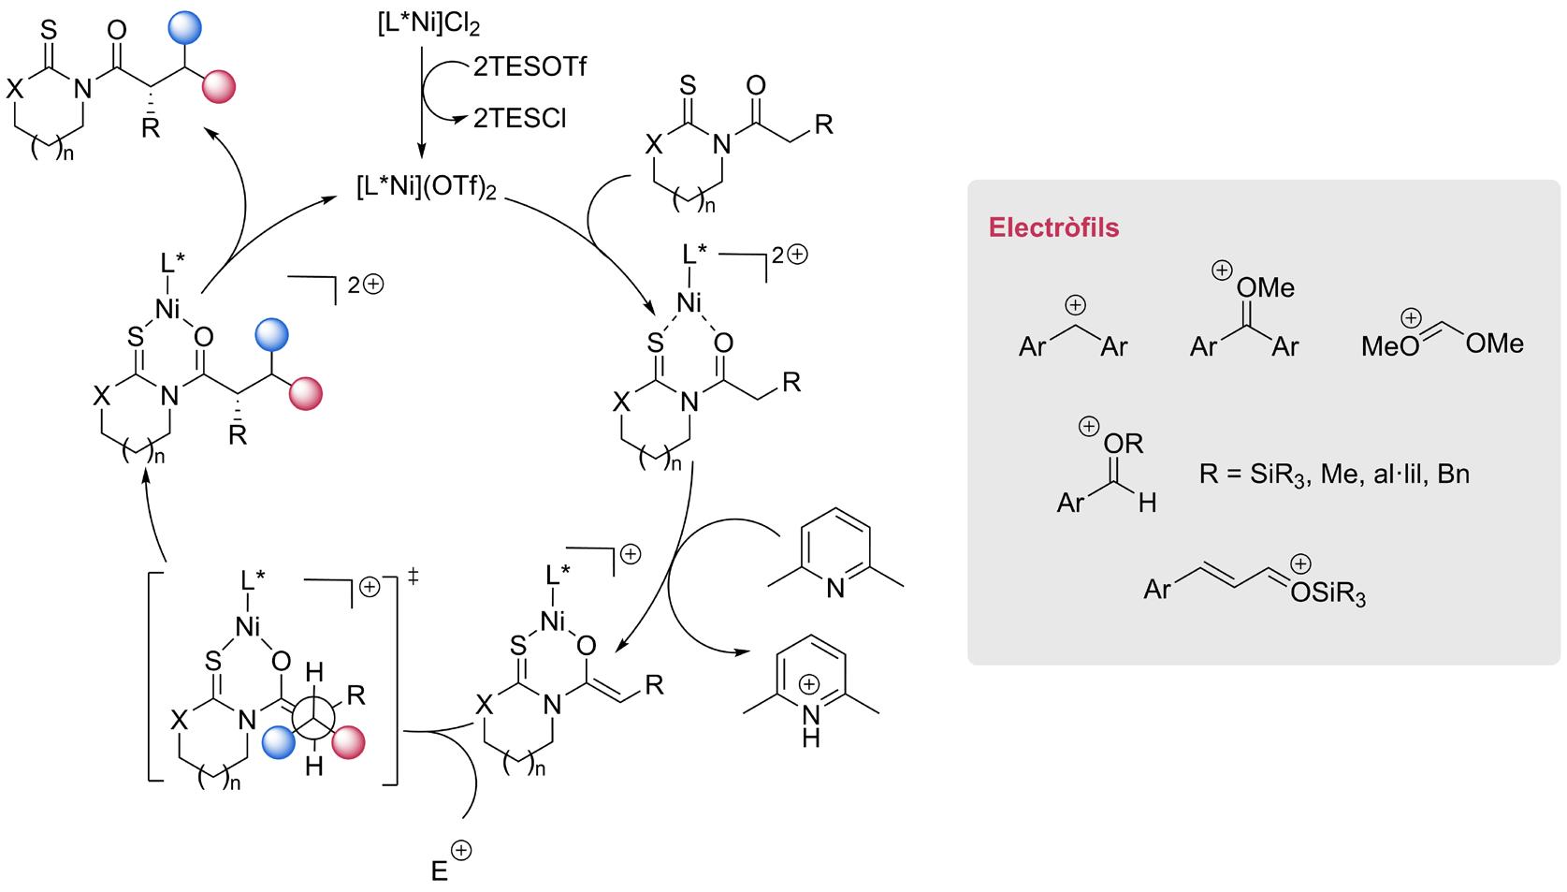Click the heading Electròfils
tap(1053, 227)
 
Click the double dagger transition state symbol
tap(412, 578)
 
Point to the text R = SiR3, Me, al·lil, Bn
tap(1334, 475)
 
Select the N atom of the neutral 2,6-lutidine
tap(835, 588)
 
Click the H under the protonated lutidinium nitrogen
tap(810, 739)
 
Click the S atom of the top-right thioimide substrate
tap(688, 86)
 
